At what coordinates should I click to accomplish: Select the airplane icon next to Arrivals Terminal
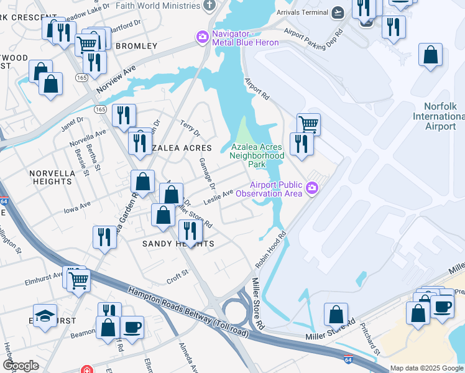coord(338,12)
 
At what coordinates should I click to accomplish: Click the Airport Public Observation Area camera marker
coord(311,188)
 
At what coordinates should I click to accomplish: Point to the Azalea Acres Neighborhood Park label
coord(257,155)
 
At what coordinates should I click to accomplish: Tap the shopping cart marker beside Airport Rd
coord(308,124)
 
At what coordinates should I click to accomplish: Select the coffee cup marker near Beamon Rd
coord(132,327)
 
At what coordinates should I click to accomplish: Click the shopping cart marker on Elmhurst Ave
coord(78,280)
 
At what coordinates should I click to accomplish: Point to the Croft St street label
coord(177,274)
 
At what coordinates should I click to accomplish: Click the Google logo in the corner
coord(21,366)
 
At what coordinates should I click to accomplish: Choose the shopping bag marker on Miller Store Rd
coord(336,315)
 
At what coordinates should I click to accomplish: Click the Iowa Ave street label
coord(78,206)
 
